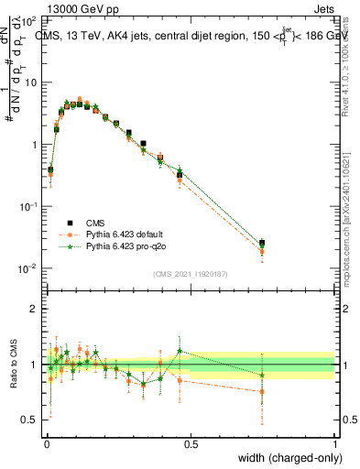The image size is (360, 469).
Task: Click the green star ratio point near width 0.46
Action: pos(180,350)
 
